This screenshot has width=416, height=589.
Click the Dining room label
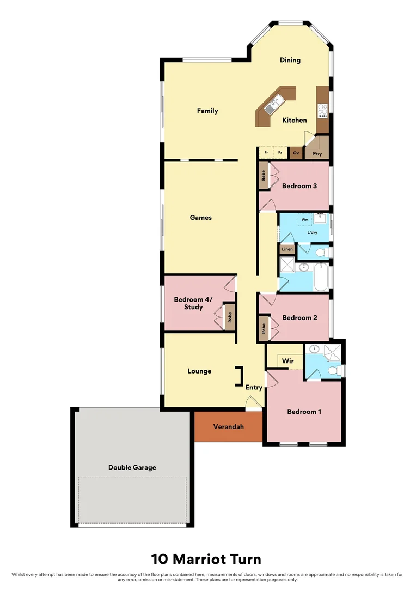click(290, 60)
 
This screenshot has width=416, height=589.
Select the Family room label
click(207, 111)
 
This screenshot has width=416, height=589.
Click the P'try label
click(317, 154)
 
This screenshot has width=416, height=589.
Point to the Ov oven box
click(296, 153)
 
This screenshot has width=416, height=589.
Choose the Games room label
click(200, 218)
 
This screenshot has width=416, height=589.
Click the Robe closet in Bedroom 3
click(264, 176)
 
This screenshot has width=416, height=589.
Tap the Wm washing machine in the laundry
click(305, 219)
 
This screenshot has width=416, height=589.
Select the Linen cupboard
click(287, 249)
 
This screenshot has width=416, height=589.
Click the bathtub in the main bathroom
click(322, 277)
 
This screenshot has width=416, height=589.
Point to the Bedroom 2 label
click(299, 318)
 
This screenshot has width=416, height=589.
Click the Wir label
click(287, 361)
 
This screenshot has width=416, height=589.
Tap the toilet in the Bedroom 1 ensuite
click(338, 371)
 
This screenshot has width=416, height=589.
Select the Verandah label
click(228, 426)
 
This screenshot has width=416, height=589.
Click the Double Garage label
click(132, 467)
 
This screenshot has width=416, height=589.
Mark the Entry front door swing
click(253, 403)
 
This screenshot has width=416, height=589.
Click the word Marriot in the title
click(212, 559)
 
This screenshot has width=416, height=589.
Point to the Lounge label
click(199, 371)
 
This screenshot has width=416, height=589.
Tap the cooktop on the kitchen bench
click(322, 111)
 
